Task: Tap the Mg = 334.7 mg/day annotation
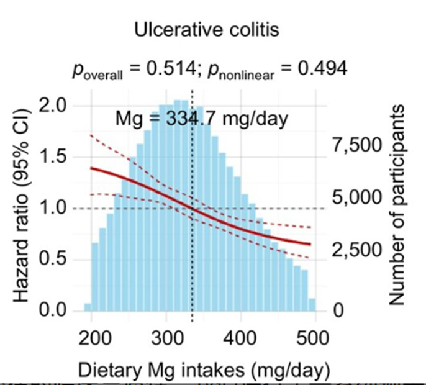point(202,118)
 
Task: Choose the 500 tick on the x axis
point(315,341)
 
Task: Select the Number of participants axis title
point(397,205)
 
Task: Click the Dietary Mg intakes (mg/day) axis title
point(202,371)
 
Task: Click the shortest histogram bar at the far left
point(88,307)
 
